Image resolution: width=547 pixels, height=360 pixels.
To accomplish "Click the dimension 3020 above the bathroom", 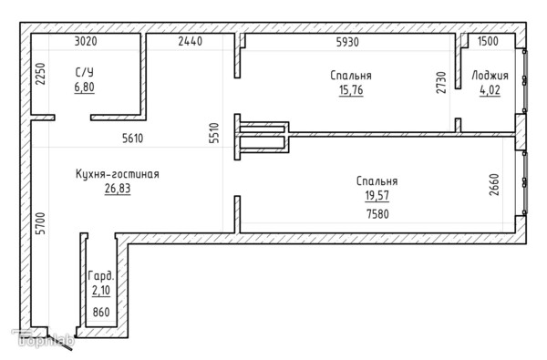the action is click(86, 41).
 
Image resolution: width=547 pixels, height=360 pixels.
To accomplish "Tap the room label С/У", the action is click(85, 73).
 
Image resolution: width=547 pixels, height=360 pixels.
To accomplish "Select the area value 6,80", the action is click(85, 87).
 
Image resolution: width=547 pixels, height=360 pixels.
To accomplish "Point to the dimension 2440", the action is click(191, 41).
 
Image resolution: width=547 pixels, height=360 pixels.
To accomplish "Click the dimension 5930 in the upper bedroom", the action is click(347, 42).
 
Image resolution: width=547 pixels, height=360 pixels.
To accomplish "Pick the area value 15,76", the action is click(351, 90).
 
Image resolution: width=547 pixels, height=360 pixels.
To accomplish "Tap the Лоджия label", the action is click(490, 76).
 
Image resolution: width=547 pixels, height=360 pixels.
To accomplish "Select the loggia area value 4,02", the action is click(490, 90).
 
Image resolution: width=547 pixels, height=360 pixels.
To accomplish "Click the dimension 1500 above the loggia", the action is click(488, 41).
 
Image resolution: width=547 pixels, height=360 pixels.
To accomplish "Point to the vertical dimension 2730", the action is click(441, 83).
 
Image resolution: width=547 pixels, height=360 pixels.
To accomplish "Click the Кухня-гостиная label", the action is click(118, 174).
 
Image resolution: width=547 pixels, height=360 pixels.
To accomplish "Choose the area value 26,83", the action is click(118, 189).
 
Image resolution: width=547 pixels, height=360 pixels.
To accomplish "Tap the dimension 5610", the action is click(132, 139).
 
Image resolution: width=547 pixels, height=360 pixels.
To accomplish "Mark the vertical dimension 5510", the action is click(214, 133).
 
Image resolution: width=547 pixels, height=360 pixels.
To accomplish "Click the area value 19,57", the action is click(377, 196).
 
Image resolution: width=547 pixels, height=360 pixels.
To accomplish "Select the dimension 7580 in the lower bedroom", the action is click(377, 214).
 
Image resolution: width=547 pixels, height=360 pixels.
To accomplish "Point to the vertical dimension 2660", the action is click(494, 185).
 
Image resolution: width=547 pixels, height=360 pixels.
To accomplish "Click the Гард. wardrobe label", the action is click(101, 276).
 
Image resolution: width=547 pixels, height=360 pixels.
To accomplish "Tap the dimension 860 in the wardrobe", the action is click(101, 312).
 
